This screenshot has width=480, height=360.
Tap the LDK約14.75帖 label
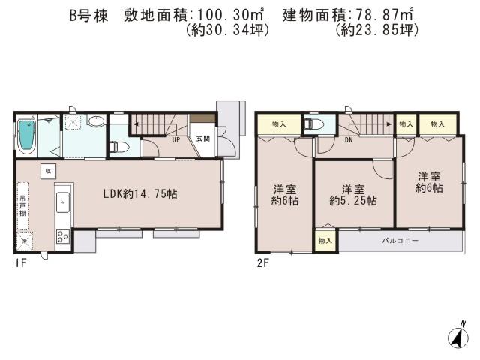click(x=140, y=193)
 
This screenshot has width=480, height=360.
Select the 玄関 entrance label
click(x=202, y=138)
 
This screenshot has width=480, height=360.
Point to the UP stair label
click(x=175, y=140)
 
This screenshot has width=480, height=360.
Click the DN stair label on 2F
click(x=349, y=140)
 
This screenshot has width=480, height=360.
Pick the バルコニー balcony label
click(x=399, y=241)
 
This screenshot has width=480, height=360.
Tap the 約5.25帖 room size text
click(x=352, y=201)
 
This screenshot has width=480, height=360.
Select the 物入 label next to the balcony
click(x=325, y=241)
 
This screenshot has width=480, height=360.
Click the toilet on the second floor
click(x=315, y=125)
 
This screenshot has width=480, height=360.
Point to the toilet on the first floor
click(x=115, y=147)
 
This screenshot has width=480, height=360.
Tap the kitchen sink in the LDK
click(x=63, y=202)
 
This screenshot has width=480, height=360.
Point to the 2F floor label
click(x=263, y=262)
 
